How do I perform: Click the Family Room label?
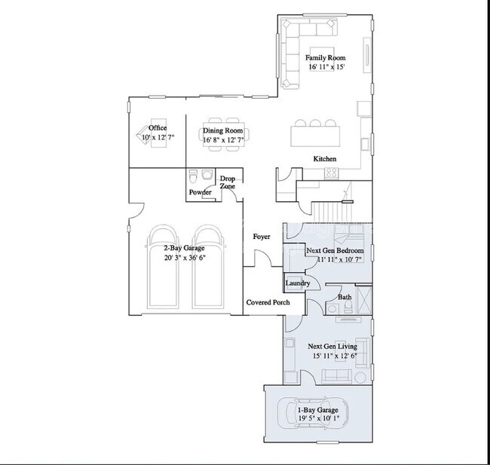(326, 58)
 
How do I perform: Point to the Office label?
(158, 128)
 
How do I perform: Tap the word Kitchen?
(325, 159)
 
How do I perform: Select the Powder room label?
(200, 192)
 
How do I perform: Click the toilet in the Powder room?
(193, 177)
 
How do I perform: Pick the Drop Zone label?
(227, 182)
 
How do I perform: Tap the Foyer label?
(262, 237)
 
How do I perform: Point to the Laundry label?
(298, 283)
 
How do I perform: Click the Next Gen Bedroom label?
(335, 250)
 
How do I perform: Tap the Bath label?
(345, 297)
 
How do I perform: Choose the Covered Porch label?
(268, 302)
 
